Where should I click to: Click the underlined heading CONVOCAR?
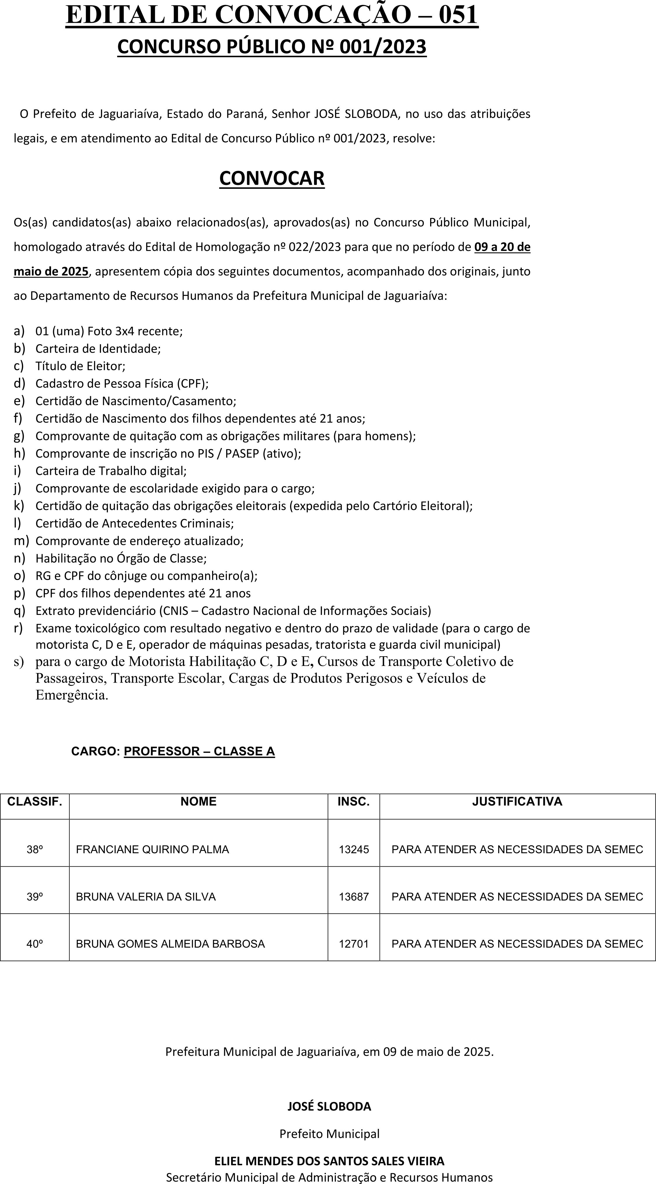[x=272, y=178]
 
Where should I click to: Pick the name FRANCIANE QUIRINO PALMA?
[x=152, y=849]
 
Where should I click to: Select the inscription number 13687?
[x=353, y=897]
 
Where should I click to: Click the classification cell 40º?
[x=34, y=944]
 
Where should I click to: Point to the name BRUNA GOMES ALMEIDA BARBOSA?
[x=170, y=944]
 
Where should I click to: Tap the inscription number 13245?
[x=353, y=849]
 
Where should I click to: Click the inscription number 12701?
[x=353, y=944]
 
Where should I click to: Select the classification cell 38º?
[x=34, y=849]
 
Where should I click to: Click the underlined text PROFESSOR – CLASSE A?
[x=199, y=751]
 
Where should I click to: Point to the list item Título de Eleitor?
[x=80, y=366]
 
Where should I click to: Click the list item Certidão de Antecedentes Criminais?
[x=134, y=523]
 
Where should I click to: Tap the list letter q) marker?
[x=19, y=611]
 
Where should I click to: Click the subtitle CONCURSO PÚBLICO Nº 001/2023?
[x=272, y=47]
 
